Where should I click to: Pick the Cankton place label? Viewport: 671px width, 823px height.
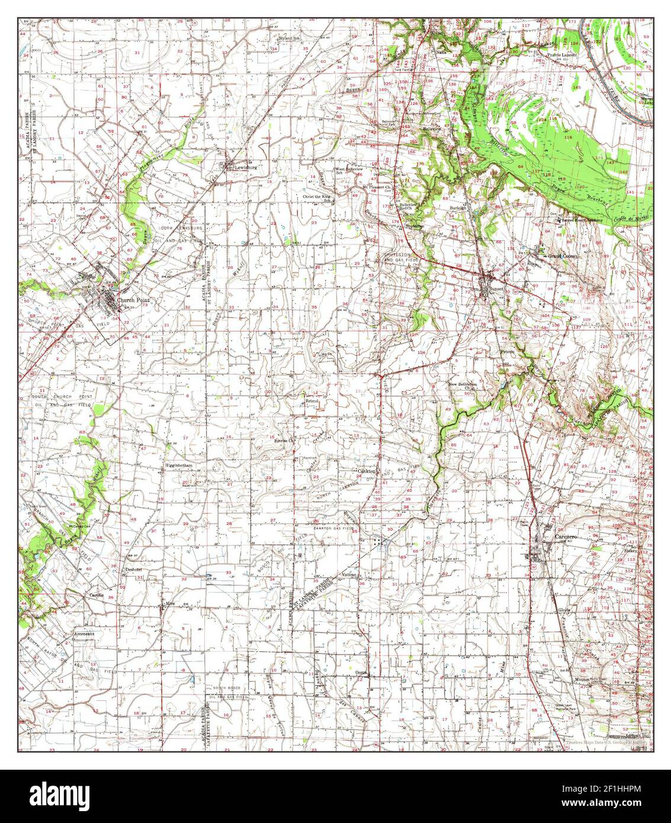coord(368,471)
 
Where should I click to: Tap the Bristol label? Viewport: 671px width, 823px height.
coord(312,401)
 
